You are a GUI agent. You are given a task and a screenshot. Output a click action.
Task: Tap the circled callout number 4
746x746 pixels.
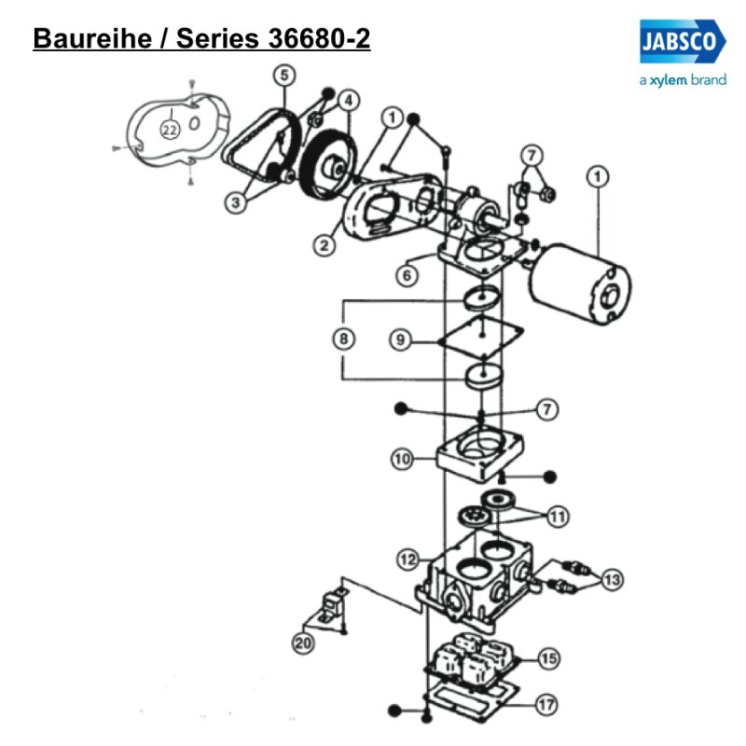tap(348, 100)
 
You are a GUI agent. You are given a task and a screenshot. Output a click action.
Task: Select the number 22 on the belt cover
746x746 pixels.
tap(170, 130)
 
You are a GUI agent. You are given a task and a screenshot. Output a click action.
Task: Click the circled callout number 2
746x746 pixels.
tap(324, 246)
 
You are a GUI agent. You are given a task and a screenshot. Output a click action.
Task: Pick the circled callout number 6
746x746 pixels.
tap(404, 274)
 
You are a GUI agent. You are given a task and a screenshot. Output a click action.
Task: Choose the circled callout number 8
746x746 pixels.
tap(344, 339)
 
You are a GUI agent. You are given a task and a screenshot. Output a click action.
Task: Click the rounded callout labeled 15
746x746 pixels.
tap(548, 658)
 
